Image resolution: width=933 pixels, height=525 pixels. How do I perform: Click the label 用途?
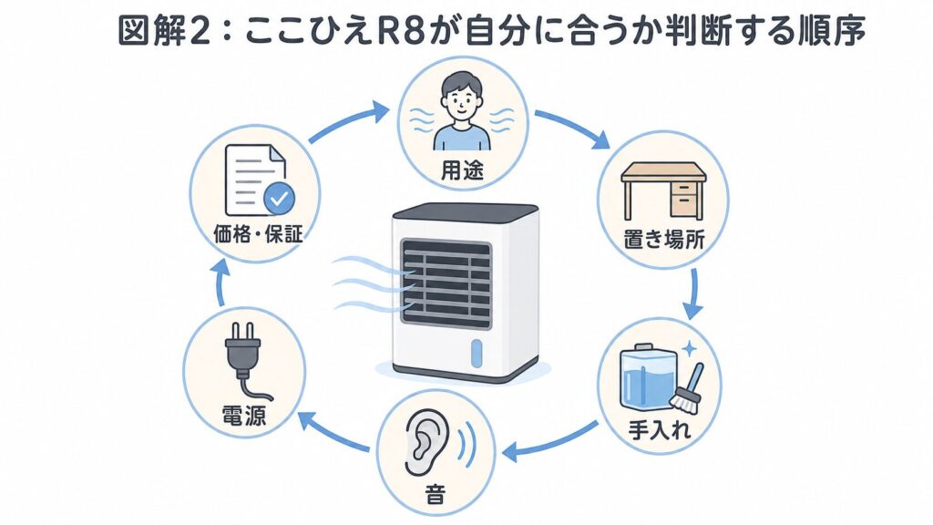point(462,170)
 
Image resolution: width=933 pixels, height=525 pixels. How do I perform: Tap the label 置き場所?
point(663,240)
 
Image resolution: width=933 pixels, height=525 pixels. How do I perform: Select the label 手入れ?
point(660,429)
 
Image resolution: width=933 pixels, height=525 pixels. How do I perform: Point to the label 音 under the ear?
point(435,494)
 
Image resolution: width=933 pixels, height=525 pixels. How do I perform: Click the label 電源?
point(243,415)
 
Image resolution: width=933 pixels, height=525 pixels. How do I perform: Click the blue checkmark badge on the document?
point(279,199)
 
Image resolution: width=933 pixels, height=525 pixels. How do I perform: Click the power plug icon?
point(244,360)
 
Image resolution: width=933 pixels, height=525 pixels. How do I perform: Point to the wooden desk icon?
point(663,190)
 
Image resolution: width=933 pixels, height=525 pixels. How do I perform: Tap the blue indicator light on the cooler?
point(476,354)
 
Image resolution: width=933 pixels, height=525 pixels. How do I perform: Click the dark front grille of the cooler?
point(446,283)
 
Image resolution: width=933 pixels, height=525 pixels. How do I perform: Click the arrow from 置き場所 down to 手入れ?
point(692,294)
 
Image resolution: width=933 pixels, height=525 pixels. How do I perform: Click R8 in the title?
point(401,31)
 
